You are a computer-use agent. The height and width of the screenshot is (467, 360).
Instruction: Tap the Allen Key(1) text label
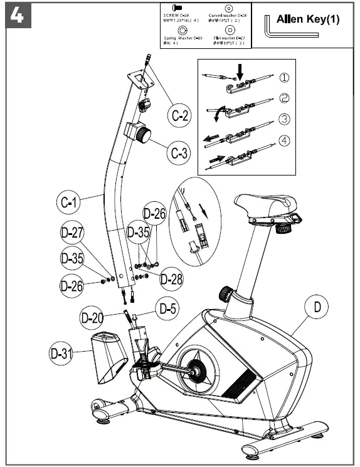(x=308, y=19)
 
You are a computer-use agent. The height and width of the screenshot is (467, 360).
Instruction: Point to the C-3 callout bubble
(x=180, y=152)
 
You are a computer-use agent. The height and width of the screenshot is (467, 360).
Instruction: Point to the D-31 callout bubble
(x=61, y=353)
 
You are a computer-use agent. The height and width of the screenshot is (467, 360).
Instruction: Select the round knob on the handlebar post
(x=149, y=134)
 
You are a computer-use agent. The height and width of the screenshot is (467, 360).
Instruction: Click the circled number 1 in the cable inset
(x=283, y=78)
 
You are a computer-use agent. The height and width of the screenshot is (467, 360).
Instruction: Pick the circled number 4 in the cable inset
(x=283, y=140)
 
